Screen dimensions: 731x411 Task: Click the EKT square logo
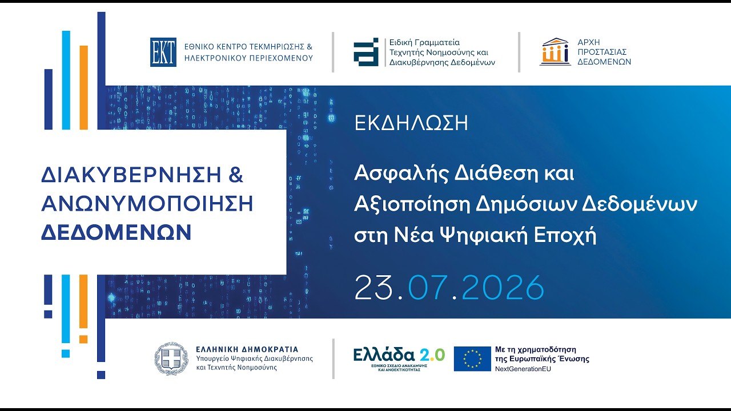163,52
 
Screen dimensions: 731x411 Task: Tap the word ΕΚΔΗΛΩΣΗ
411,123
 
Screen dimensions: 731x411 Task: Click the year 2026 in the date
503,287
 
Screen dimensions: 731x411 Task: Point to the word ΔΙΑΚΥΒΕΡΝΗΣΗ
131,175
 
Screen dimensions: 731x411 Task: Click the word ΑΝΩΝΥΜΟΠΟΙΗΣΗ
147,204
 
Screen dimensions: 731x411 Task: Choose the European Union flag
472,359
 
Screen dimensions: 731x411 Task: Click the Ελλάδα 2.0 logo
399,359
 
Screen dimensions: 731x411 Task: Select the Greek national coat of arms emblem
171,358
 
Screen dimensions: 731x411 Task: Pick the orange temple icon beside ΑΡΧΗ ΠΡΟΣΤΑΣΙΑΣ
555,52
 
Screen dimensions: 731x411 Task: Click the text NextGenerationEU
523,369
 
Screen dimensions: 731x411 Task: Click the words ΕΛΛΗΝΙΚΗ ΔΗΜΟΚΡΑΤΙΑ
247,349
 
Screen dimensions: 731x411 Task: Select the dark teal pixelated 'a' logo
366,52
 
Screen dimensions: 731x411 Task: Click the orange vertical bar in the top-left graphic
84,87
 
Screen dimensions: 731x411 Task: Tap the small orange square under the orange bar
83,339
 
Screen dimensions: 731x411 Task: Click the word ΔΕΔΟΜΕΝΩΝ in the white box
116,232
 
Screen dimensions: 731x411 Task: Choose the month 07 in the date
428,287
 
